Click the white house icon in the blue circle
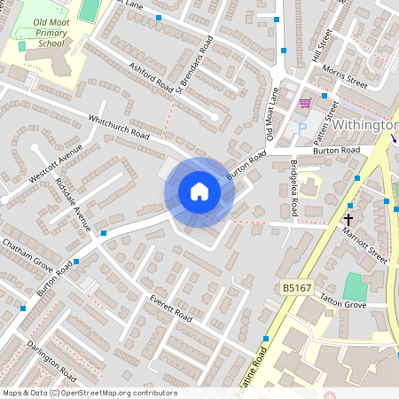coord(199,191)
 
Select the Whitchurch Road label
coord(118,126)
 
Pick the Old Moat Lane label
coord(272,120)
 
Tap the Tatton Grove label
coord(341,301)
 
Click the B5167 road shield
coord(297,287)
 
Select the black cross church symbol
coord(348,218)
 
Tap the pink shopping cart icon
coord(305,103)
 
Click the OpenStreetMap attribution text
coord(89,393)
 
